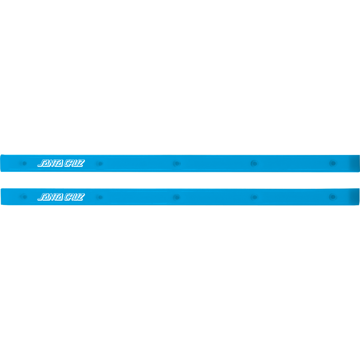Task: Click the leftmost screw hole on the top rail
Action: click(x=24, y=163)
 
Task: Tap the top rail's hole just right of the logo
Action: click(x=100, y=164)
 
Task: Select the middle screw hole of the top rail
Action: click(x=177, y=163)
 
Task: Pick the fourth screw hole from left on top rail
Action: click(x=255, y=163)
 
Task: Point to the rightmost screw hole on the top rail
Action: click(x=333, y=163)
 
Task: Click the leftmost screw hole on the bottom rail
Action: click(x=24, y=197)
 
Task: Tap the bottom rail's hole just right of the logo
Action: click(x=100, y=197)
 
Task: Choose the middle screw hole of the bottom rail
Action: click(x=177, y=197)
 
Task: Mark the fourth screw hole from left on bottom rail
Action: click(x=255, y=197)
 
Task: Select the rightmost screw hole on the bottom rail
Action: click(x=333, y=197)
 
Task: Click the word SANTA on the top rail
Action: click(x=50, y=163)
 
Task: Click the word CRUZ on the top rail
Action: click(x=75, y=163)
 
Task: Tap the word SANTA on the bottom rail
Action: click(x=50, y=197)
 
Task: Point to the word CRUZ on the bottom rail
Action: click(x=75, y=197)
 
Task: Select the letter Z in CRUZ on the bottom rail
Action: click(x=81, y=197)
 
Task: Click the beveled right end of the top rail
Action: click(x=356, y=163)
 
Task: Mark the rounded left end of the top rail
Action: click(x=2, y=163)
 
